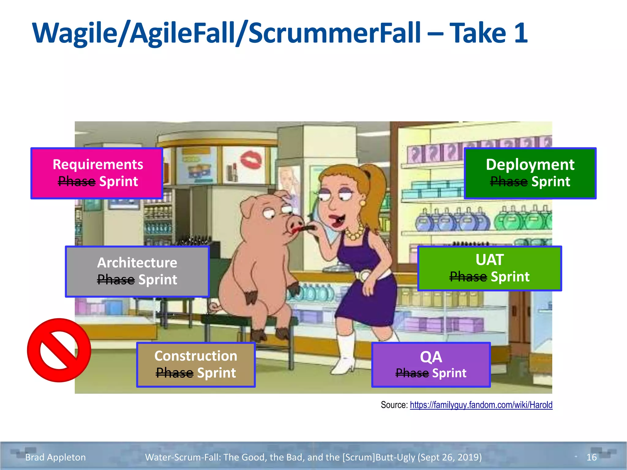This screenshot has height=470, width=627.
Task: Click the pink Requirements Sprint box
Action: click(97, 173)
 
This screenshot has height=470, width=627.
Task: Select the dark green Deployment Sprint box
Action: click(530, 173)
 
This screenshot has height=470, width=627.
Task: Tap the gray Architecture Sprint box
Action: click(137, 271)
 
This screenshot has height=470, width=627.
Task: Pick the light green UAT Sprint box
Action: click(489, 268)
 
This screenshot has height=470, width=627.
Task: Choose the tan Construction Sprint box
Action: click(196, 364)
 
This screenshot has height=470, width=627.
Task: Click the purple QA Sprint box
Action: click(431, 365)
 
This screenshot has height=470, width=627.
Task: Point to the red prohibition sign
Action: click(59, 350)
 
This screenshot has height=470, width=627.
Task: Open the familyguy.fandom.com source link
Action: click(481, 405)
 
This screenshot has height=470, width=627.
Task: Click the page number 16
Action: click(591, 457)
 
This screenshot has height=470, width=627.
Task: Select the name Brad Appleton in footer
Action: click(55, 457)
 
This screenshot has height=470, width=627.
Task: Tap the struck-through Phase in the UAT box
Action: click(468, 277)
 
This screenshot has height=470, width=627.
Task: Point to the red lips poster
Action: click(251, 159)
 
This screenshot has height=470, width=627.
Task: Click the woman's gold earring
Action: click(363, 203)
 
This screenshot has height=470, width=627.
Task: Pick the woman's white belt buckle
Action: click(364, 275)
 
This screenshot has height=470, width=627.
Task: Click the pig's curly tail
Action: click(214, 306)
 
